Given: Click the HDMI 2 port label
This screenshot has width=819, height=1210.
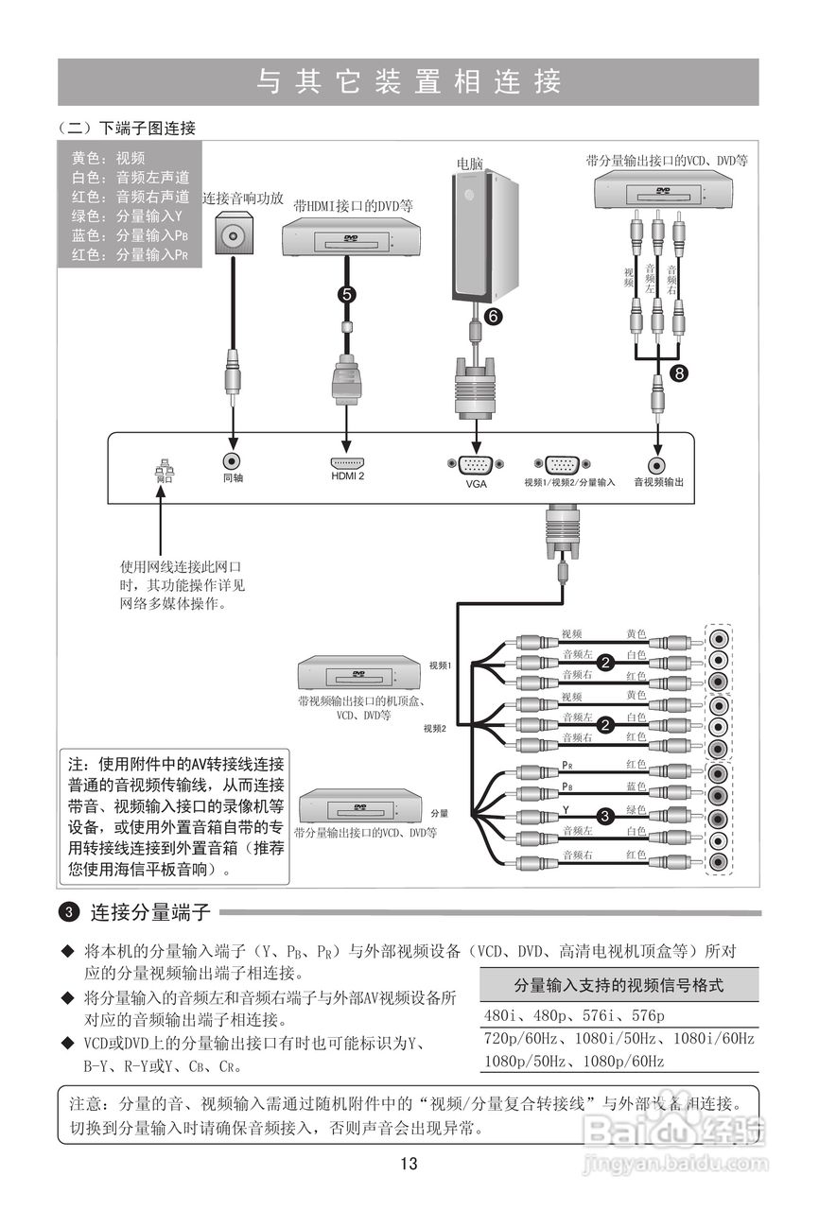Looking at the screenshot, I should pyautogui.click(x=347, y=476).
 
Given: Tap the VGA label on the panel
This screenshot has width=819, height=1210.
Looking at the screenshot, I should pyautogui.click(x=475, y=483).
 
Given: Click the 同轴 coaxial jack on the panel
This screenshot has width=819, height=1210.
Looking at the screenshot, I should pyautogui.click(x=233, y=461).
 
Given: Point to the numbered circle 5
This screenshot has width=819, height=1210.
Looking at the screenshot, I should pyautogui.click(x=348, y=294).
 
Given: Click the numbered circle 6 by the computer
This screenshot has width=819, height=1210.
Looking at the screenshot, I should pyautogui.click(x=493, y=317).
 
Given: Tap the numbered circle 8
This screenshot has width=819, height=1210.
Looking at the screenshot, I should pyautogui.click(x=679, y=374).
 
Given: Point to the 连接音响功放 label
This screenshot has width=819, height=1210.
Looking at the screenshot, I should pyautogui.click(x=244, y=199).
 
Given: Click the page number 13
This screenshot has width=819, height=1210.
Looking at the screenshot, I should pyautogui.click(x=409, y=1164).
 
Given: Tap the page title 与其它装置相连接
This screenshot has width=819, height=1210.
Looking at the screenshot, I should pyautogui.click(x=409, y=81).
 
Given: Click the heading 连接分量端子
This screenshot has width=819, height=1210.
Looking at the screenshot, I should pyautogui.click(x=149, y=913).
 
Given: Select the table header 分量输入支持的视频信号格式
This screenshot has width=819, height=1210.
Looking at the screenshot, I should pyautogui.click(x=619, y=985).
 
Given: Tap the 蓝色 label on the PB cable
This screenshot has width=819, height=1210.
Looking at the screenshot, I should pyautogui.click(x=636, y=786).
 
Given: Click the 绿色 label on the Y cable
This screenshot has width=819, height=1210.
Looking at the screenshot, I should pyautogui.click(x=636, y=809).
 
